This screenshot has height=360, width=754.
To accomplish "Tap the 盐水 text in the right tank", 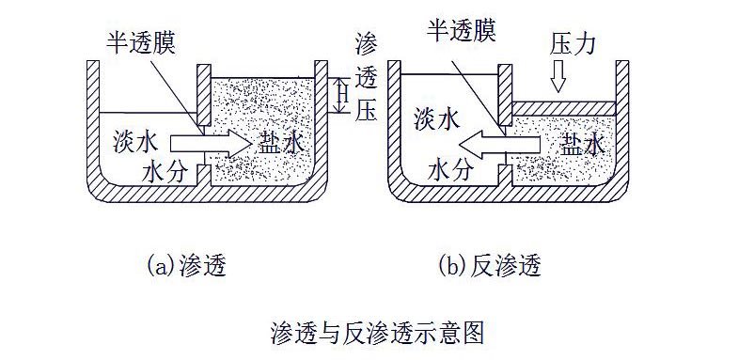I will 583,143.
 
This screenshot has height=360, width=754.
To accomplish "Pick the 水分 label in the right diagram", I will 452,172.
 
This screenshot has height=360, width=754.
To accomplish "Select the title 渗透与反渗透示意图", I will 376,331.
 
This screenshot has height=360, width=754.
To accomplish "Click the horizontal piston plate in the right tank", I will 562,108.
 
